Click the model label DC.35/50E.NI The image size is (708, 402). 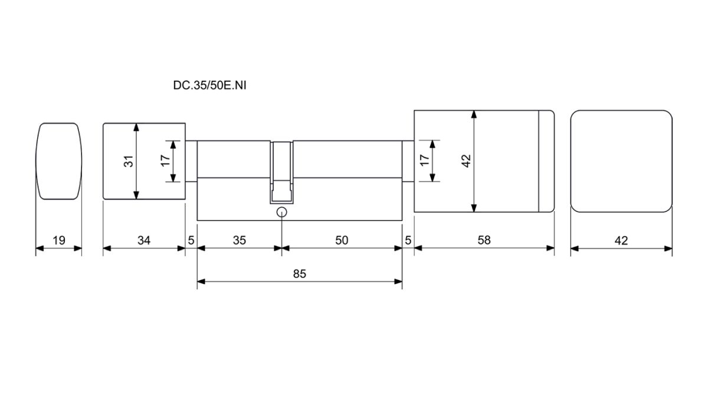[x=209, y=85]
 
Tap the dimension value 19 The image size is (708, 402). [x=59, y=240]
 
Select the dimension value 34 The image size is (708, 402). [x=144, y=240]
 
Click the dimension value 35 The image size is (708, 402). [x=240, y=240]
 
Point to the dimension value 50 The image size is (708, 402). [x=342, y=240]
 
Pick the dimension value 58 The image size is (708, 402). [x=484, y=240]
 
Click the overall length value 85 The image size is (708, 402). [x=300, y=274]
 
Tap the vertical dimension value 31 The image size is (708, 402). [x=129, y=161]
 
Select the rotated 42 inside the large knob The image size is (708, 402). [x=466, y=161]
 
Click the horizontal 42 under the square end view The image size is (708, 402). [x=621, y=241]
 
